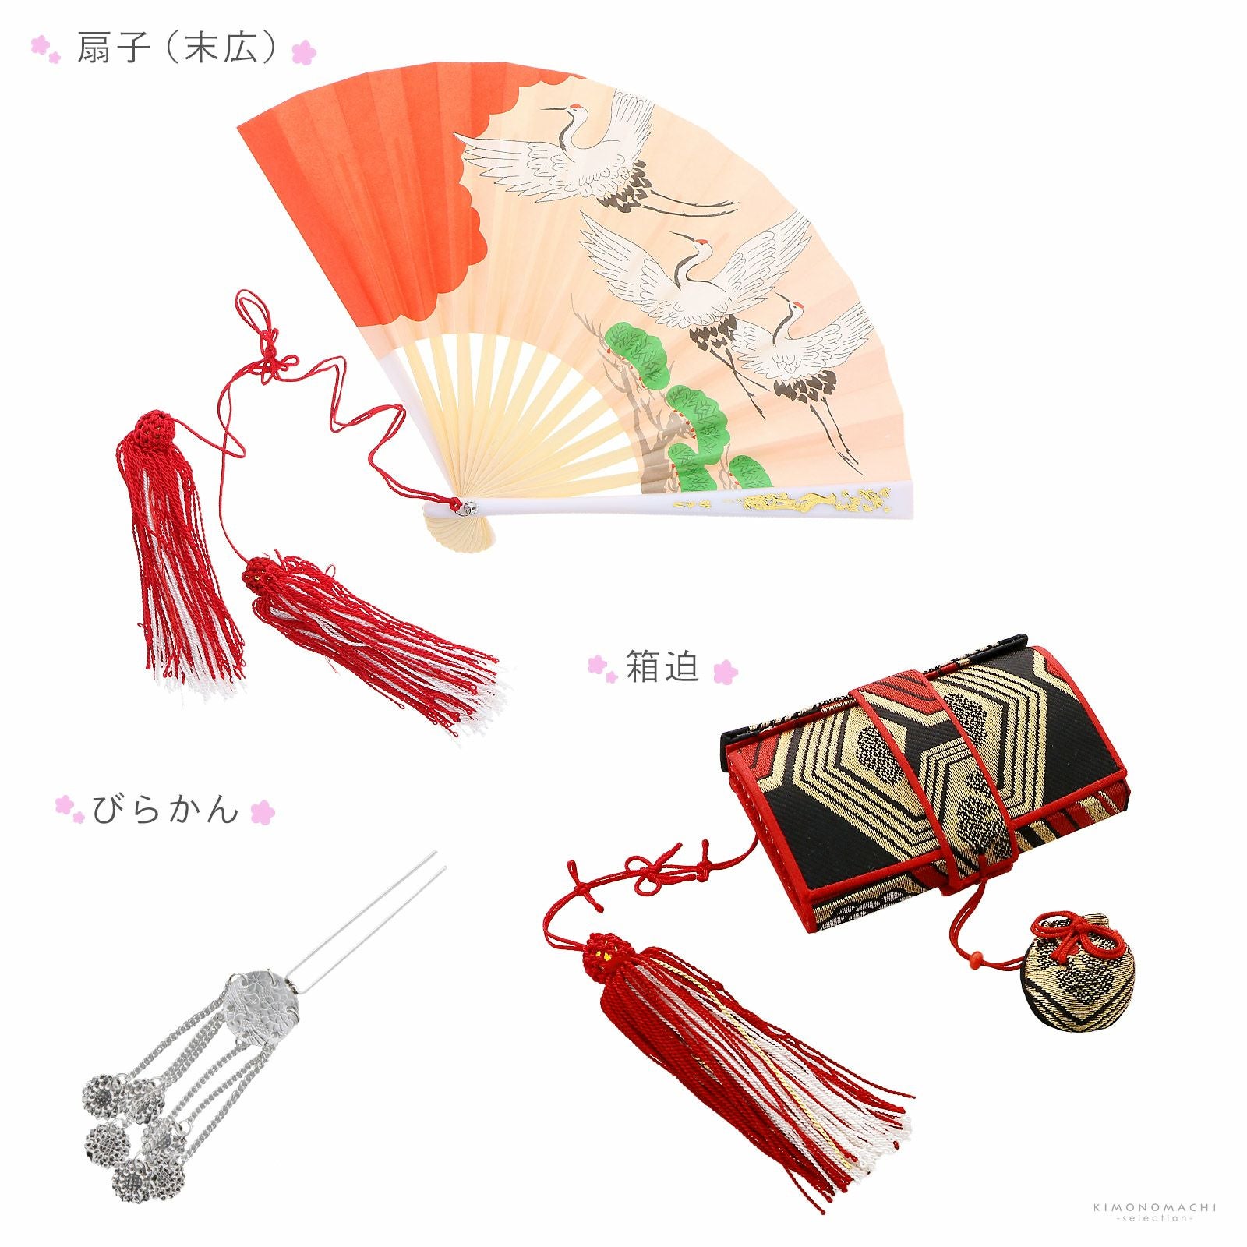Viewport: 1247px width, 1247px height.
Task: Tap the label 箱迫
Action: [x=662, y=668]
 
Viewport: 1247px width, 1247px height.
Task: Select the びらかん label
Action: [x=165, y=810]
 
